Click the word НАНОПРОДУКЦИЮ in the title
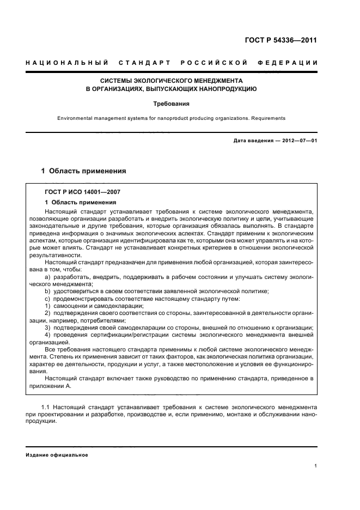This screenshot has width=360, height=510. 226,88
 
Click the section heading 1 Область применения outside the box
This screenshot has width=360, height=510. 84,171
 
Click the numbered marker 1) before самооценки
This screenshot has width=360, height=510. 48,306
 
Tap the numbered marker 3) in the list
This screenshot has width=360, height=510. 48,327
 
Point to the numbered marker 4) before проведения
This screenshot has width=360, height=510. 48,334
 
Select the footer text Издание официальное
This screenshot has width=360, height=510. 57,455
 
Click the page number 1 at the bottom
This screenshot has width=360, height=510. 316,466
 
